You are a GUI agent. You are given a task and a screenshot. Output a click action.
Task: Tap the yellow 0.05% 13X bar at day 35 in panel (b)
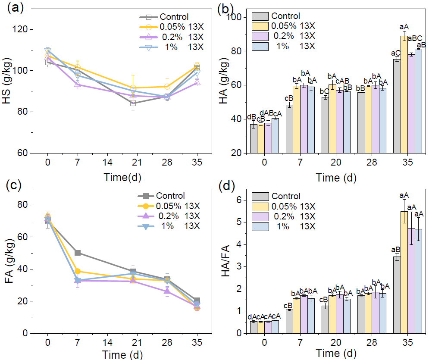(404, 94)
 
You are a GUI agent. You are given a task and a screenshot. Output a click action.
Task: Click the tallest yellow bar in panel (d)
(404, 272)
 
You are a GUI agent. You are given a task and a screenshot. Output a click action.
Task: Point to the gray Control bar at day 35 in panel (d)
(397, 295)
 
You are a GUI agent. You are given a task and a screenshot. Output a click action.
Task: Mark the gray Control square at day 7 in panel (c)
(78, 253)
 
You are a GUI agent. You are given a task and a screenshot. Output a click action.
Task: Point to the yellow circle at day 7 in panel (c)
(78, 271)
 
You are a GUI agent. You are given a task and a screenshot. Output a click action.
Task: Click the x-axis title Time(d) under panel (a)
(122, 177)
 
